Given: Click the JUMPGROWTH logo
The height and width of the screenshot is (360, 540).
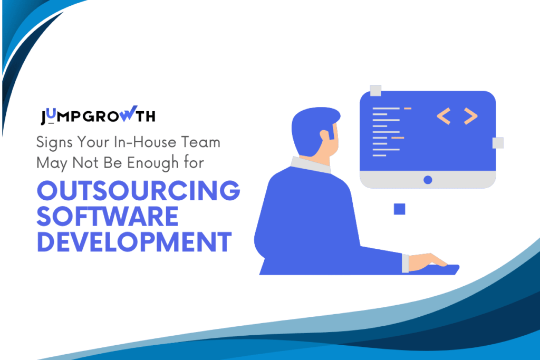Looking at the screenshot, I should [98, 116].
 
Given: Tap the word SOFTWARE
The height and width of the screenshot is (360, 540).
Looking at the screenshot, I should [108, 217].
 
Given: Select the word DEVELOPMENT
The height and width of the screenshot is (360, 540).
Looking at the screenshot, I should [134, 242].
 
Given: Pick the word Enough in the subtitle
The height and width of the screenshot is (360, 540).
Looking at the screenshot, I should [168, 163].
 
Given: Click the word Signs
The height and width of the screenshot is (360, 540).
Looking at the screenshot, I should [53, 143].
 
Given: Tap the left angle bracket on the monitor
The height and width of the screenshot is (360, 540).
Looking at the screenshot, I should [444, 116].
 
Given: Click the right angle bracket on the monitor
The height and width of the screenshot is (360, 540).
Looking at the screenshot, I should [470, 116].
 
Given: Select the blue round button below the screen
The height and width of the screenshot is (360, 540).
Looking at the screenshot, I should [428, 180].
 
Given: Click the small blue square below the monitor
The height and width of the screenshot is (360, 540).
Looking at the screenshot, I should [399, 209].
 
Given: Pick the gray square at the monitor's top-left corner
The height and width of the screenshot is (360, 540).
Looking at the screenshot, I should [375, 91].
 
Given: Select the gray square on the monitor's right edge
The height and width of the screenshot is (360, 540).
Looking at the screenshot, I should [497, 143].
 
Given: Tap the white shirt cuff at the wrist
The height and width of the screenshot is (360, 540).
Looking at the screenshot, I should [405, 263].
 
